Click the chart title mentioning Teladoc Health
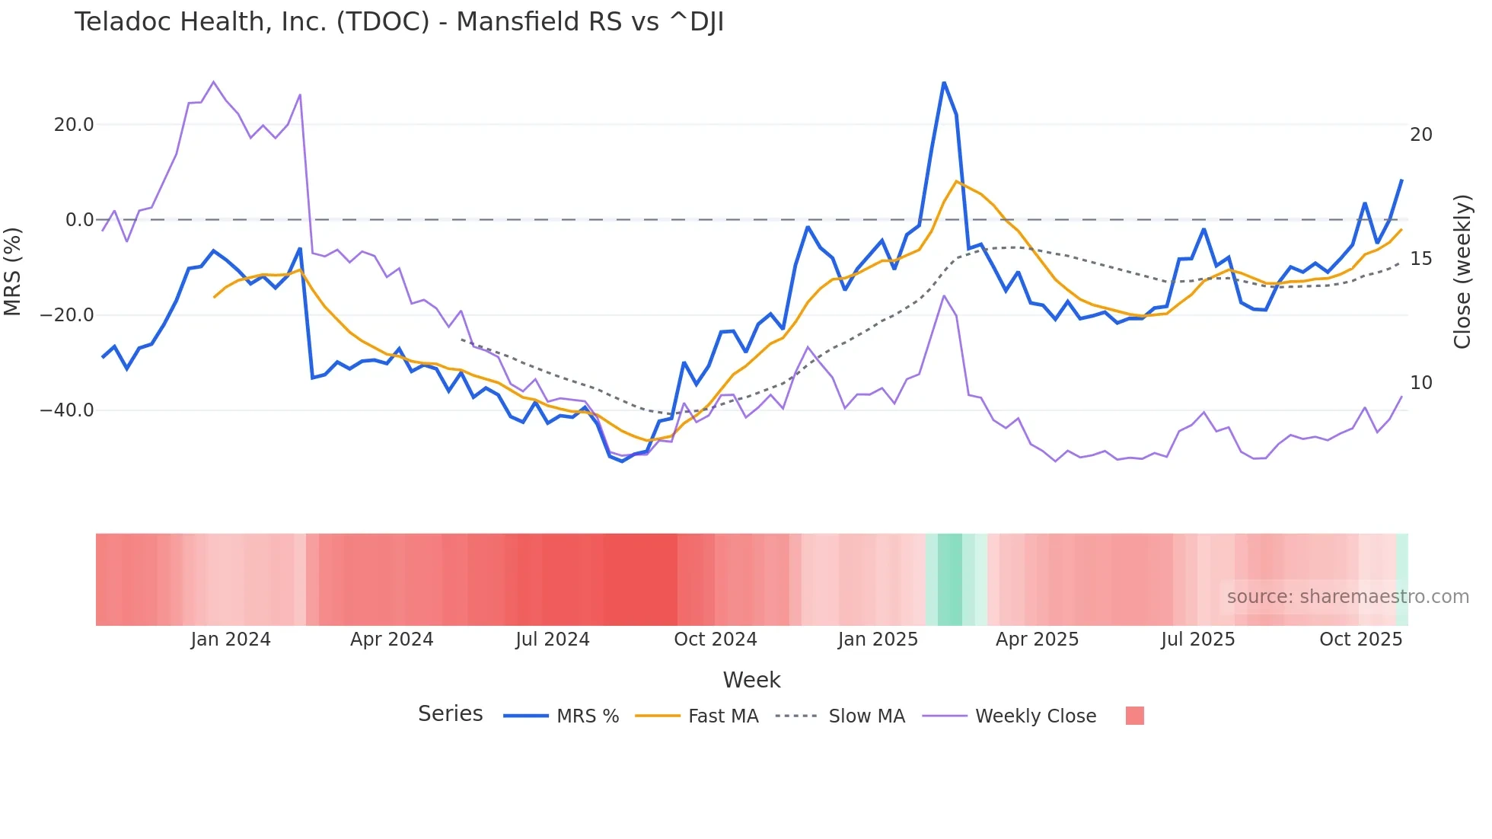(399, 22)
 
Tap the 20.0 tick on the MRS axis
(73, 125)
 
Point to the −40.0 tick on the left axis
(67, 410)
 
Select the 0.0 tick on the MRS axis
(79, 220)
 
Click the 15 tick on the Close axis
(1420, 259)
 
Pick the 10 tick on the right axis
(1420, 383)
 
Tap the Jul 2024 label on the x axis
(553, 640)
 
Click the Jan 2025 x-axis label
(878, 640)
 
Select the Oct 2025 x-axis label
(1360, 640)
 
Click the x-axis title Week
(751, 680)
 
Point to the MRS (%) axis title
(13, 271)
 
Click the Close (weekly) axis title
(1462, 272)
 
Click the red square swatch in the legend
(1134, 716)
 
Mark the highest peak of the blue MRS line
(944, 82)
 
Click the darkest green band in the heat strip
(949, 579)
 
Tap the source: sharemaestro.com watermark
(1347, 597)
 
